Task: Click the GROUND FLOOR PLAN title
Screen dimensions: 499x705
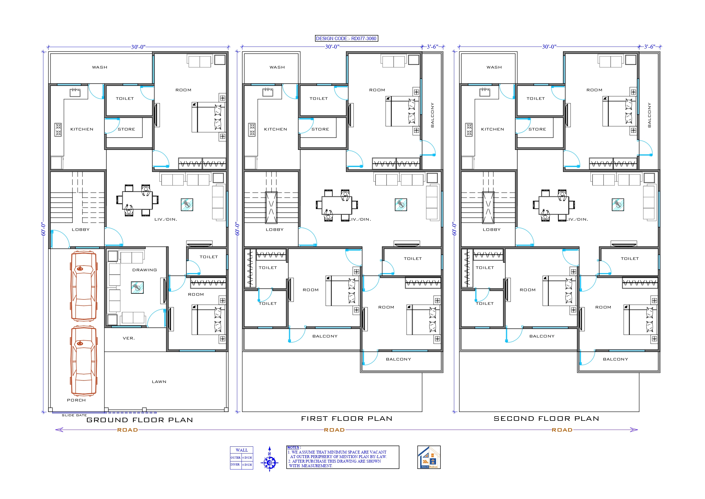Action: click(x=140, y=420)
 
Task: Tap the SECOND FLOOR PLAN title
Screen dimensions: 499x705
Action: click(x=546, y=419)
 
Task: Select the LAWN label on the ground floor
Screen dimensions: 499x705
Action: click(x=159, y=382)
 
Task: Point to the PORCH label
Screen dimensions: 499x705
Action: click(x=76, y=400)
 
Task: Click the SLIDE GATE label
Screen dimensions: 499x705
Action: click(x=74, y=415)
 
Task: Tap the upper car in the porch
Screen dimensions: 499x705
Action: click(x=84, y=286)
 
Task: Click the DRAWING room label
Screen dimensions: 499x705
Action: click(x=144, y=270)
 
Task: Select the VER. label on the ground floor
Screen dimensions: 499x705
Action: click(x=129, y=338)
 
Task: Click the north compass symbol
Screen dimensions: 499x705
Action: click(x=269, y=460)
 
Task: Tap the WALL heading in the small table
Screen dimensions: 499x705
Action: click(x=242, y=450)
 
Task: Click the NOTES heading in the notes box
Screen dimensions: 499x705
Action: click(x=293, y=448)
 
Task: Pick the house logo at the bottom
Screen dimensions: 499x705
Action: click(x=429, y=457)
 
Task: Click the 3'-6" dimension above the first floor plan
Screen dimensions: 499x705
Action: click(x=432, y=47)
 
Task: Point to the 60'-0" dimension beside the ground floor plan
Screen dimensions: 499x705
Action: click(x=43, y=229)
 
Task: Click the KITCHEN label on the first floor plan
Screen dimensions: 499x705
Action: click(x=276, y=129)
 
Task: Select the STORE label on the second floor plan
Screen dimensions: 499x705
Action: click(x=537, y=129)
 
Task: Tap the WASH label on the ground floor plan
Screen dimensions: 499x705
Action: click(x=99, y=67)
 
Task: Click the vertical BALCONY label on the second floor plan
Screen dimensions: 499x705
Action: click(x=649, y=115)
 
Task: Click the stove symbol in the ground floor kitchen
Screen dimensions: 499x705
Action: click(x=58, y=129)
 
